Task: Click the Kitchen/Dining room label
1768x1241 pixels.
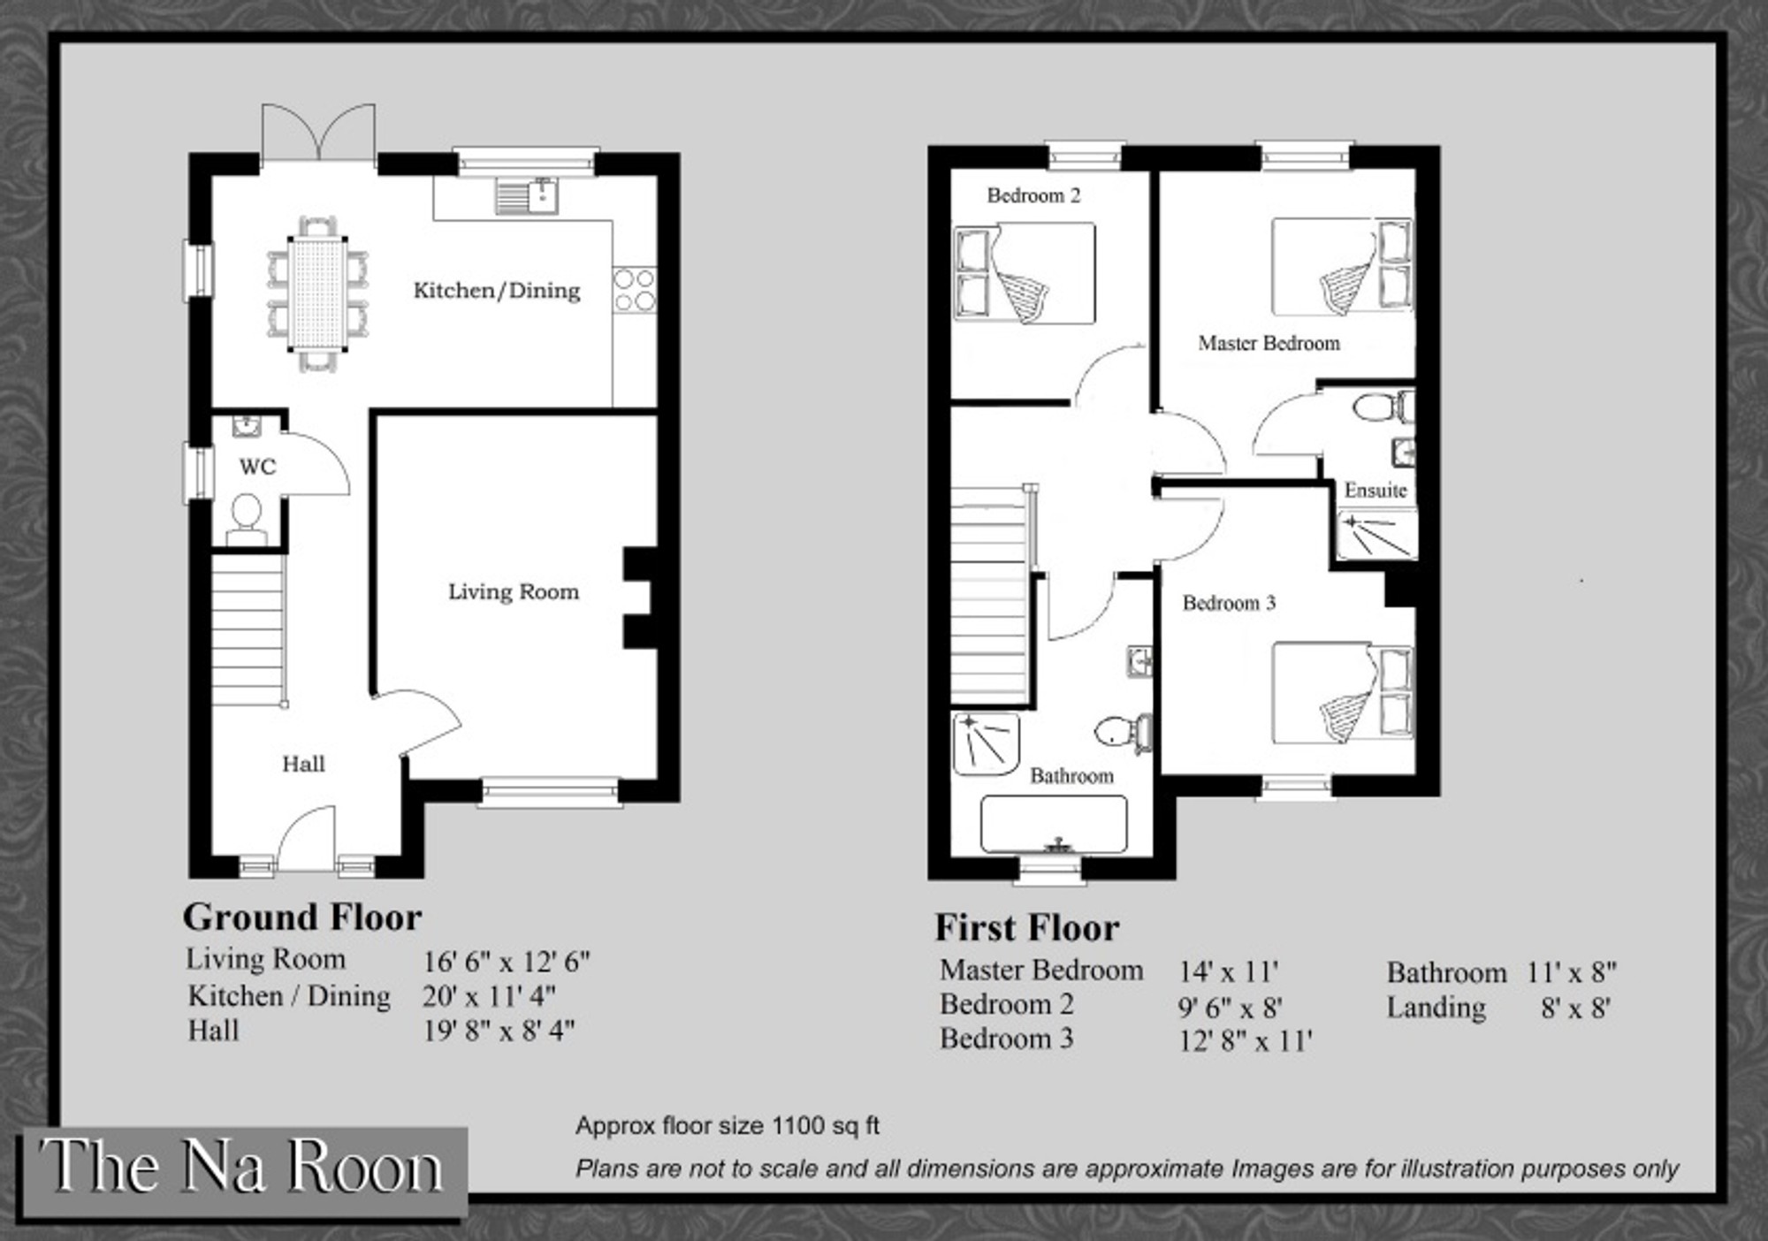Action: [497, 291]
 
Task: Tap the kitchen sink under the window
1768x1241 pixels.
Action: [526, 196]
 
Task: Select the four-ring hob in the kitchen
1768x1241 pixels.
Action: [635, 290]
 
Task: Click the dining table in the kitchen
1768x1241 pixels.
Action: [317, 293]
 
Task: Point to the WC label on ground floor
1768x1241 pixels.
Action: [257, 467]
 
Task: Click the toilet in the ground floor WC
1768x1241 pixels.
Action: [247, 521]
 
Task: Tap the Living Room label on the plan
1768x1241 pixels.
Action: [514, 592]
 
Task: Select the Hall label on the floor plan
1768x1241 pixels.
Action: [303, 764]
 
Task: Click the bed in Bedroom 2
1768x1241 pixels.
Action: [1025, 273]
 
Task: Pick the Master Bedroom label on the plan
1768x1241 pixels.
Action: [1269, 343]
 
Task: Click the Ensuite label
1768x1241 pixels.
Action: [1376, 490]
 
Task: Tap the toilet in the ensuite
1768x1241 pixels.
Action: [1383, 408]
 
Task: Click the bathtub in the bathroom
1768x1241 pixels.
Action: [1054, 825]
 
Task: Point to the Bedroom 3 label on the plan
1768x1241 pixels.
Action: [1229, 603]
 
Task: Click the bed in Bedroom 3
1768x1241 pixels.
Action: [1342, 693]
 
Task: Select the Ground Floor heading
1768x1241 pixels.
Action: [302, 917]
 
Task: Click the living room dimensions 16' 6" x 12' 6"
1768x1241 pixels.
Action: [507, 962]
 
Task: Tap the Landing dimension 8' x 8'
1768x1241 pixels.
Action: [1575, 1009]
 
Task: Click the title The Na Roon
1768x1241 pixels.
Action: [240, 1167]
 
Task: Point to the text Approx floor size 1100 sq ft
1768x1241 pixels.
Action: [728, 1125]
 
